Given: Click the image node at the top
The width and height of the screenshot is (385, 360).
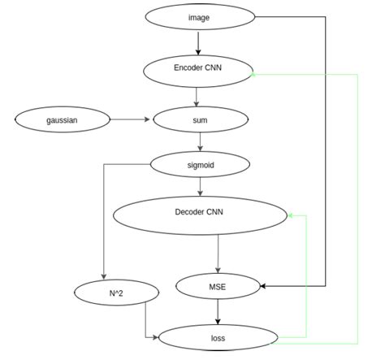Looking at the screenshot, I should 198,15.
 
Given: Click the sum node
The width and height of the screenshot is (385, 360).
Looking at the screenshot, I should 198,119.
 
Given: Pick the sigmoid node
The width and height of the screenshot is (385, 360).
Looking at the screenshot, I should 199,164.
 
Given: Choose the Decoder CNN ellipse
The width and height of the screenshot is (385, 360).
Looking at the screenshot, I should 200,214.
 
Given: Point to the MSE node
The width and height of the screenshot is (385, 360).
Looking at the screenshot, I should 218,285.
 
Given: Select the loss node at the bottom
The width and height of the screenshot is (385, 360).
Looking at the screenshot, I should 218,336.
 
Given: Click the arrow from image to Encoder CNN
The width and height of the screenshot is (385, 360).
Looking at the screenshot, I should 198,41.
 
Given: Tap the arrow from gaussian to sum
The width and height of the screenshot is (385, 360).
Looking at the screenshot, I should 130,119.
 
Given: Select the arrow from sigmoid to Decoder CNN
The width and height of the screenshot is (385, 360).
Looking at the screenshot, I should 200,184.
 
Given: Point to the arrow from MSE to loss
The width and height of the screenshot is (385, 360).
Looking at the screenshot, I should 218,310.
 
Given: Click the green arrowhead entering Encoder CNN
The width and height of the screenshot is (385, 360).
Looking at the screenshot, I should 254,74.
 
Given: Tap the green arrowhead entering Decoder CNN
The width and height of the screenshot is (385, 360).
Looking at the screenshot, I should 291,215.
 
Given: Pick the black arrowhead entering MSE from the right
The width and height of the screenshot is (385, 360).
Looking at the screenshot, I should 264,285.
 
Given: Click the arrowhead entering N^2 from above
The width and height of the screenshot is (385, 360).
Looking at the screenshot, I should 104,275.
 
